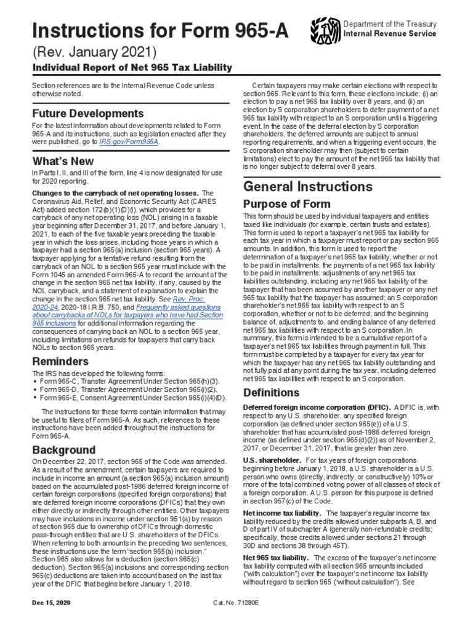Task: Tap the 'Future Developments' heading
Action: point(87,114)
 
